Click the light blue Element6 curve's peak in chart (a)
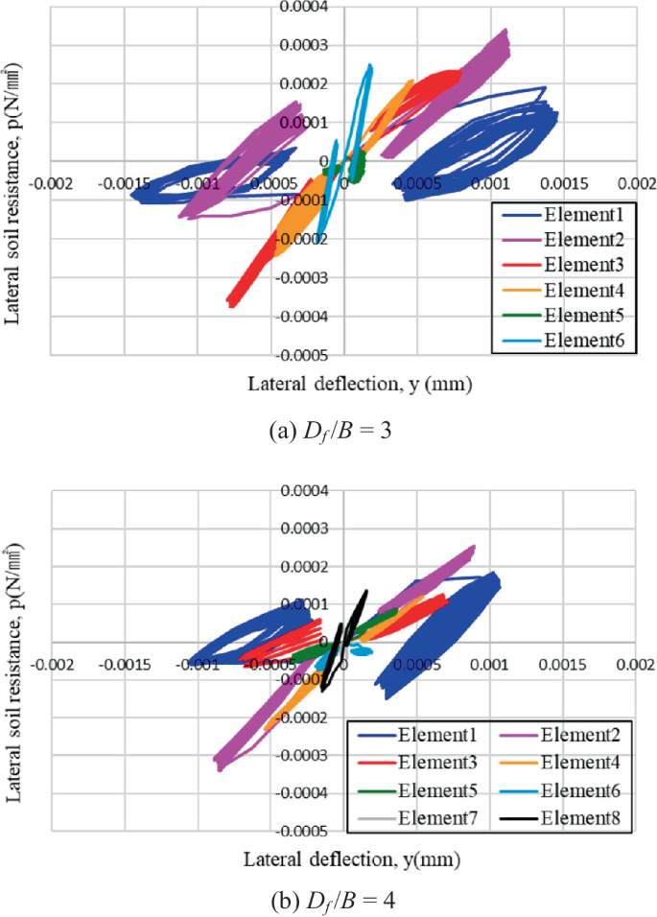(x=369, y=66)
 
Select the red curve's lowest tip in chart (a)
(x=230, y=303)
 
